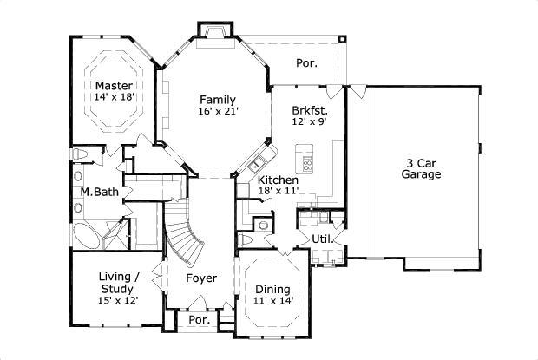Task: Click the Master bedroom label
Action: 113,85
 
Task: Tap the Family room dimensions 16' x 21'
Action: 218,111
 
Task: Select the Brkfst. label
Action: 310,110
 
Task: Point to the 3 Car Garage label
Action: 421,168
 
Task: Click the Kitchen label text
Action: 278,180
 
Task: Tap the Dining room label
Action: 272,289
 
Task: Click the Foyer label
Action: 201,278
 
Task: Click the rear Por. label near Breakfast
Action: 305,63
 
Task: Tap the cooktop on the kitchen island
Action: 305,160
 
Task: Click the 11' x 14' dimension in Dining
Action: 272,301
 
